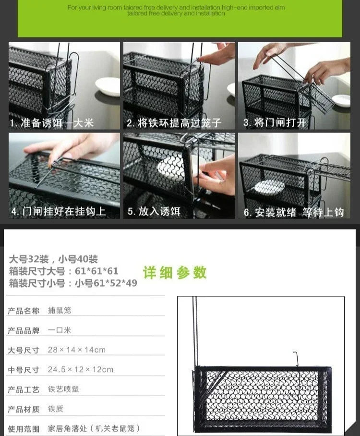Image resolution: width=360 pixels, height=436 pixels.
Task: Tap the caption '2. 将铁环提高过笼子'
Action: coord(174,123)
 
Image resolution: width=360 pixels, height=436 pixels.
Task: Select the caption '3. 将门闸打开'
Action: coord(275,122)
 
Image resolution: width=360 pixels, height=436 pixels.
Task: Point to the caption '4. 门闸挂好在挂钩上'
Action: coord(58,211)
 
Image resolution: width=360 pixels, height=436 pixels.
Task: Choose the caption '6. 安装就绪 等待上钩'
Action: coord(294,212)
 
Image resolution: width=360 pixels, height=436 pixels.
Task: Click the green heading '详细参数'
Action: coord(175,273)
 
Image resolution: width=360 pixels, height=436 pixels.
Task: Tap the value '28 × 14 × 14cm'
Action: coord(77,350)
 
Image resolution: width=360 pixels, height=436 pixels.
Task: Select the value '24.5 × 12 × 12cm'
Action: coord(81,369)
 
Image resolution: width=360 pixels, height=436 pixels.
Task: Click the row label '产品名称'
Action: coord(24,311)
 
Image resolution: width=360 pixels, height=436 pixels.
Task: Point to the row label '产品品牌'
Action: coord(24,330)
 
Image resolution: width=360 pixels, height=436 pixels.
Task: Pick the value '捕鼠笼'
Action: coord(60,310)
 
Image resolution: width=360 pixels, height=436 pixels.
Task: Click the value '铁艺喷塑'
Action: coord(63,389)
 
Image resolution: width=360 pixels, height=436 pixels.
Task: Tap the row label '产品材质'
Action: coord(24,409)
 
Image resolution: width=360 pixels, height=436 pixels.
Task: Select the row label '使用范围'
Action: coord(24,429)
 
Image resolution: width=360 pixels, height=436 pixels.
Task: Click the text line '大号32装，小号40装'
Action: coord(53,259)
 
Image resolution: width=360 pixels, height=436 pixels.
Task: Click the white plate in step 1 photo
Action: coord(108,85)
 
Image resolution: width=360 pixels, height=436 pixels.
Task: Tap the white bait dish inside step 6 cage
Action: coord(269,186)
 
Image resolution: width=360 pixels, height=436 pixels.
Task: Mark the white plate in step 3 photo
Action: coord(341,100)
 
